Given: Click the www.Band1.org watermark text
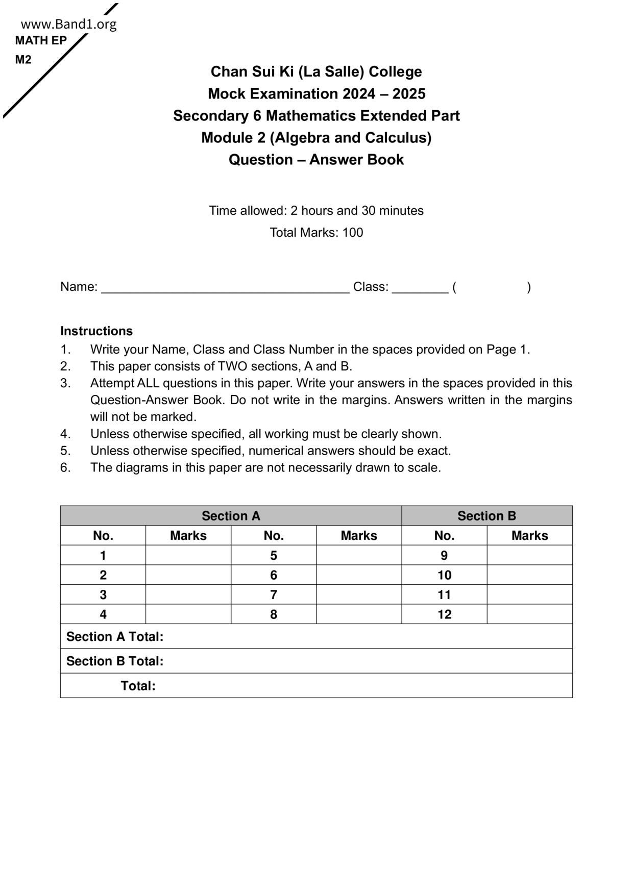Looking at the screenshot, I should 69,24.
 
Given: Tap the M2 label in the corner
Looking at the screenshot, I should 23,60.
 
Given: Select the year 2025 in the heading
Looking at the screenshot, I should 409,94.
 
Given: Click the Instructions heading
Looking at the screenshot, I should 96,331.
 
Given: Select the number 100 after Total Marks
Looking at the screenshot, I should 353,233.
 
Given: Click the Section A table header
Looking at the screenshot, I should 231,516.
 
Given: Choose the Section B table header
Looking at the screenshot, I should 486,516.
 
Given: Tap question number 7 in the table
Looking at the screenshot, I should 274,595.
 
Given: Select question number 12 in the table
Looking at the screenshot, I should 444,614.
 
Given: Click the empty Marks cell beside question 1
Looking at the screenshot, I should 188,556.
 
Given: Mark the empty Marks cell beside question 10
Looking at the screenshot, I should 529,576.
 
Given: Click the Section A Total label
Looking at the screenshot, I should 115,637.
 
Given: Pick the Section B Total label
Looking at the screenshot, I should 115,661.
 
